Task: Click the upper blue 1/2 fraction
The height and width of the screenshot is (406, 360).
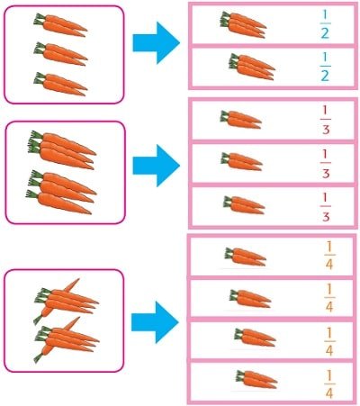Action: pos(325,24)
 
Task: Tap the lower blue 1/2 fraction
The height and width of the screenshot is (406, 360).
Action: pos(325,67)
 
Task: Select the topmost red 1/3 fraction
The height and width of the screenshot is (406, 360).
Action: pos(326,120)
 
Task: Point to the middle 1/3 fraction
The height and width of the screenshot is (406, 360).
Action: pos(326,164)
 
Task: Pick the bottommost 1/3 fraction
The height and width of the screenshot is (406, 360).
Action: pos(326,207)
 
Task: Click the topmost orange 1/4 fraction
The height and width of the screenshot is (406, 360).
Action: pos(329,256)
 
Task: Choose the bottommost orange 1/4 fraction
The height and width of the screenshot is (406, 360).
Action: pos(329,384)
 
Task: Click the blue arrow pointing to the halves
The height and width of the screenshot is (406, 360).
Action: pos(157,42)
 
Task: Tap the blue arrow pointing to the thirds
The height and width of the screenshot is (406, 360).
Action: pos(157,166)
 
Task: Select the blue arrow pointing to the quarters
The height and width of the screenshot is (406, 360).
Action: pos(155,322)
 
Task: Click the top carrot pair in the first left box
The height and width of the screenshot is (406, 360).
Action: pos(60,25)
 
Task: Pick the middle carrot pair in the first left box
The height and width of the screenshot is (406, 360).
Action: pos(60,54)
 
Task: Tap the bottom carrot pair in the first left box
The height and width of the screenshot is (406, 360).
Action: pos(60,84)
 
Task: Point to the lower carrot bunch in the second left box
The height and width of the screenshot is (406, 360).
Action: pos(61,192)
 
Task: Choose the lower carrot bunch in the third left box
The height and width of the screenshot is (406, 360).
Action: pos(66,340)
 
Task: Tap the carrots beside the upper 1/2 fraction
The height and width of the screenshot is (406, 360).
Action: pos(243,25)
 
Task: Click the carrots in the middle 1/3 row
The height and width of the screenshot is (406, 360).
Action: pos(241,162)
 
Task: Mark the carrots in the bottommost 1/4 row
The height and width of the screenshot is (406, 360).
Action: pos(256,380)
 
